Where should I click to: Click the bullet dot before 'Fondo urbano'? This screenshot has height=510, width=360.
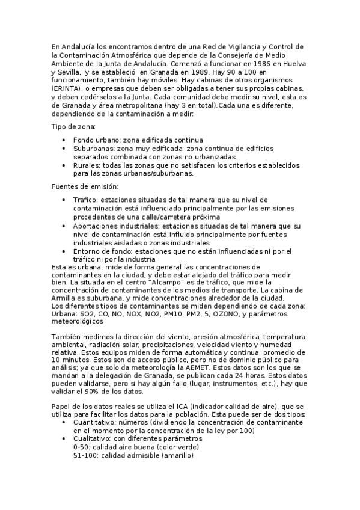[x=64, y=140]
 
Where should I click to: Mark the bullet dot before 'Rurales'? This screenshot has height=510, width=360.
[x=64, y=165]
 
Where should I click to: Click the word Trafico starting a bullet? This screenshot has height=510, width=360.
[x=85, y=199]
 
